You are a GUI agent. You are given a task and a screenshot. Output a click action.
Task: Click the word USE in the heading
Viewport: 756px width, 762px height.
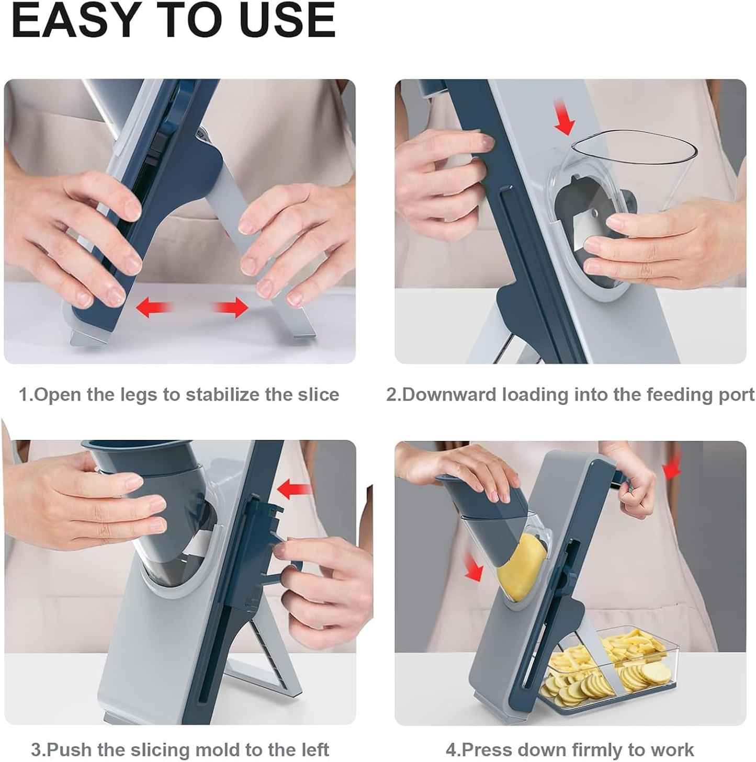point(287,20)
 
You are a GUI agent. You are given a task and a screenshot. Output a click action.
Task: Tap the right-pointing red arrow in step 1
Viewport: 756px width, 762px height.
point(231,307)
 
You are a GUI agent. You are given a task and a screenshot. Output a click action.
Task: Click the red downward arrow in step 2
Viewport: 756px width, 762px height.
point(563,117)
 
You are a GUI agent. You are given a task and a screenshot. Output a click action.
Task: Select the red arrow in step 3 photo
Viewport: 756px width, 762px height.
point(295,489)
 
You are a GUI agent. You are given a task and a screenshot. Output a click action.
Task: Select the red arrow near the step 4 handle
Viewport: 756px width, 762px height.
point(672,466)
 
